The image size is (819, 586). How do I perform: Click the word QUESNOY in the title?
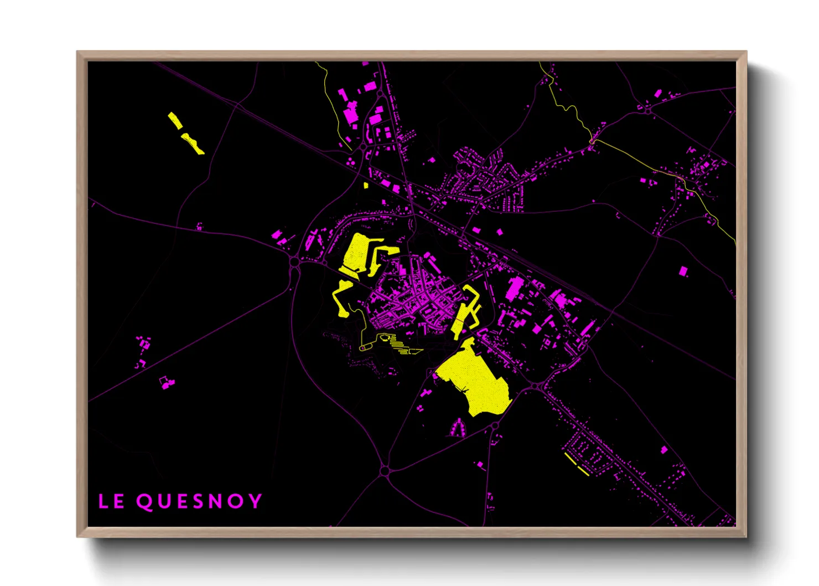199,501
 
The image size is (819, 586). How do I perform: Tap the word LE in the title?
111,501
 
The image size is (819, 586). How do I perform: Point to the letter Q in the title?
144,502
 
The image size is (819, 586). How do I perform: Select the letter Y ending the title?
255,501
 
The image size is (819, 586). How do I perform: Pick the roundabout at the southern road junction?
385,471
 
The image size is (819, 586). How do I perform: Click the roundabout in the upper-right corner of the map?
648,110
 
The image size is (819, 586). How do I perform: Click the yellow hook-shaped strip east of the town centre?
466,310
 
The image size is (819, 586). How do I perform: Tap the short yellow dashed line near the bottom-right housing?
577,464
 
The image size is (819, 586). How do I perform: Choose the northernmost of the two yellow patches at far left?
175,120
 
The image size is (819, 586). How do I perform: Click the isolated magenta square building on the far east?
683,271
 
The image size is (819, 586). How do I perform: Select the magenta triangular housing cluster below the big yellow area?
457,428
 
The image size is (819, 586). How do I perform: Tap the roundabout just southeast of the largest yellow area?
535,385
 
